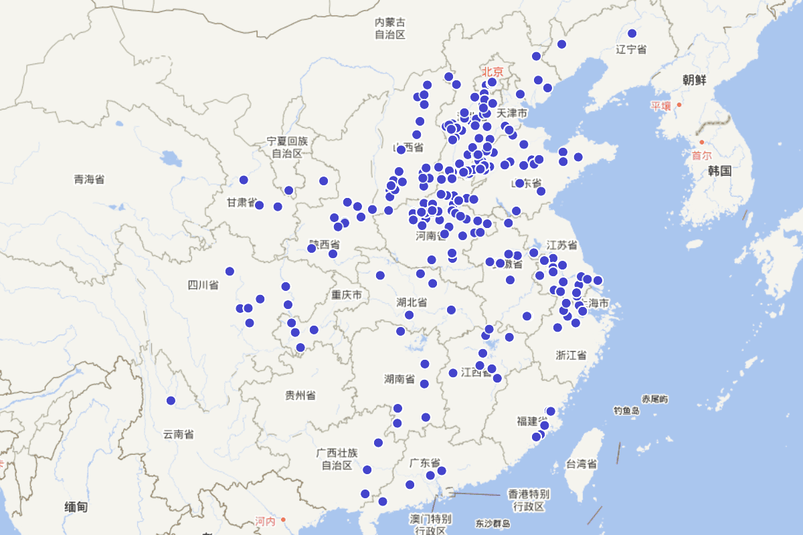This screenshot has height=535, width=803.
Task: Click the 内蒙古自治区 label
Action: [x=390, y=28]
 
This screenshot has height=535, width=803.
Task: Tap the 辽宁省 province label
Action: [x=631, y=49]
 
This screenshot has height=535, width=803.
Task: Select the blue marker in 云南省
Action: [x=171, y=401]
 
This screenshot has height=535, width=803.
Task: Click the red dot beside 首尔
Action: [x=701, y=142]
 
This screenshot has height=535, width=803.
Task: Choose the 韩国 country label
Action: [x=719, y=171]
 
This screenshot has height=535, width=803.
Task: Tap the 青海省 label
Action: [x=89, y=179]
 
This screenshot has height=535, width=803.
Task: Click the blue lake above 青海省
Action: [x=171, y=159]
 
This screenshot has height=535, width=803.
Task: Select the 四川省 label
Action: [x=203, y=286]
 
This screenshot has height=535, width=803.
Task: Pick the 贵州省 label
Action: [x=300, y=395]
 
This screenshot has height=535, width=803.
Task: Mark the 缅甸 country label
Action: [x=76, y=507]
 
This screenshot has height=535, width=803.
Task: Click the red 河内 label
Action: [x=265, y=521]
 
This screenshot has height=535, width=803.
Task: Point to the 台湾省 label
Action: [x=582, y=463]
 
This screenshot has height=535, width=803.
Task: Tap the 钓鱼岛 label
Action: [x=626, y=410]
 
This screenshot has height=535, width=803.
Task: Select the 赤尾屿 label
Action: [x=654, y=399]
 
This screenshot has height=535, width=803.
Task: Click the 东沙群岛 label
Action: [x=493, y=524]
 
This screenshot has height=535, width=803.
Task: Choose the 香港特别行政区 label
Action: [x=529, y=500]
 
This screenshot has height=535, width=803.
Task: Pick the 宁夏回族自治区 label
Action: [x=287, y=147]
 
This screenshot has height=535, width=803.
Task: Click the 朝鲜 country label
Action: [x=694, y=80]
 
